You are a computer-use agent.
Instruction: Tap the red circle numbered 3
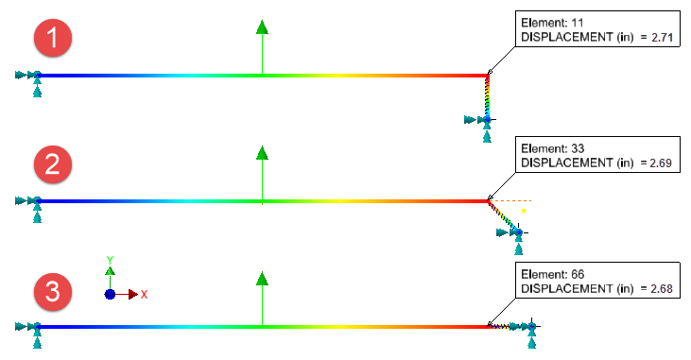pos(54,292)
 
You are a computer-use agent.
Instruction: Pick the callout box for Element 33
pos(595,156)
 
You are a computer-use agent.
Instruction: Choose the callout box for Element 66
pos(595,281)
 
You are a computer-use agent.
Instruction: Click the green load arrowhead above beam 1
pos(262,26)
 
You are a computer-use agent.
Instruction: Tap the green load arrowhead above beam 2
pos(262,153)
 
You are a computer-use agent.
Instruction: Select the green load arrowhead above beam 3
pos(262,278)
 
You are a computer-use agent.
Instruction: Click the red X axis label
pos(144,295)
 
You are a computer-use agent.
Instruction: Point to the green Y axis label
pos(110,260)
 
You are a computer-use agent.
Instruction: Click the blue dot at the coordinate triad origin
pos(110,294)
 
